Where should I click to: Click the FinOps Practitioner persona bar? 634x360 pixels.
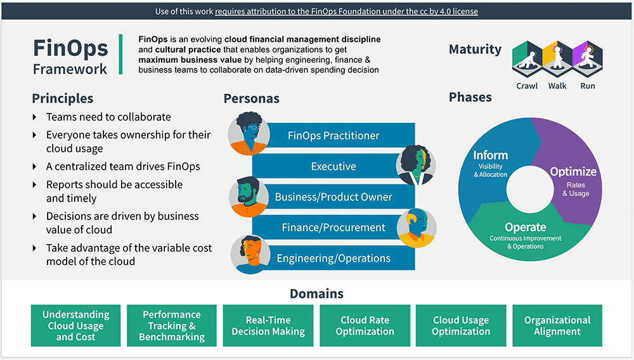(x=333, y=136)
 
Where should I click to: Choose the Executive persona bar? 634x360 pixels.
(x=333, y=167)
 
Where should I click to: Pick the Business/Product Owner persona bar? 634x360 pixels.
(x=333, y=197)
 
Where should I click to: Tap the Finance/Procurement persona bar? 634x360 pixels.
(x=333, y=228)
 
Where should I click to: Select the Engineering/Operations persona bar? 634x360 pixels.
(x=333, y=258)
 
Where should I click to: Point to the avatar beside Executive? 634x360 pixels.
(x=415, y=165)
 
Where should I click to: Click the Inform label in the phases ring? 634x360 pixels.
(x=490, y=155)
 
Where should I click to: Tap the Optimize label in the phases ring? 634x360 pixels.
(x=573, y=172)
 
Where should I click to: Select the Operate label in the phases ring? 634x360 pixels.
(x=525, y=227)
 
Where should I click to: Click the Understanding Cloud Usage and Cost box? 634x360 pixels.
(x=75, y=326)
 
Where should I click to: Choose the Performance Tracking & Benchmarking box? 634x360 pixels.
(x=172, y=326)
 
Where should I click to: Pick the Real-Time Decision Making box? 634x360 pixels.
(x=268, y=326)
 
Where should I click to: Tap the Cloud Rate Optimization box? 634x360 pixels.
(x=365, y=326)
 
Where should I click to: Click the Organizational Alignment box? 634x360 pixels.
(x=557, y=326)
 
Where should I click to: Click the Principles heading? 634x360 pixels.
(x=63, y=98)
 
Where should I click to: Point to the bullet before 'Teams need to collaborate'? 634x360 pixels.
(x=34, y=117)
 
